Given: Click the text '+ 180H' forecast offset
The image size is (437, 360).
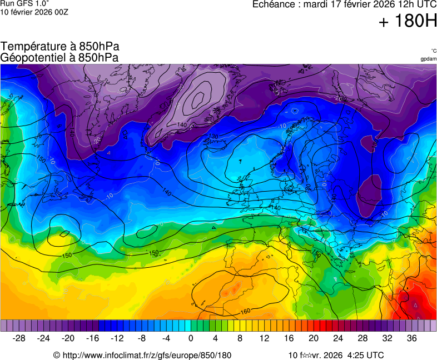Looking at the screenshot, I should pyautogui.click(x=408, y=21).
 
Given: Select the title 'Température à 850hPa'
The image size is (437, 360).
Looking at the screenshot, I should pyautogui.click(x=60, y=47).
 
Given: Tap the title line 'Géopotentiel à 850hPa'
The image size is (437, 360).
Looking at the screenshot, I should pyautogui.click(x=59, y=57).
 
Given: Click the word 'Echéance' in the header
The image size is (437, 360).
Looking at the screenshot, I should pyautogui.click(x=273, y=4).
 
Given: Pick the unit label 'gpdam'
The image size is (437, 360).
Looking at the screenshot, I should pyautogui.click(x=428, y=59).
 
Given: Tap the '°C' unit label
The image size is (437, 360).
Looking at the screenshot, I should pyautogui.click(x=433, y=51).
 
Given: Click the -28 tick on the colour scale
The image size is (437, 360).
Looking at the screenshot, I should pyautogui.click(x=19, y=338).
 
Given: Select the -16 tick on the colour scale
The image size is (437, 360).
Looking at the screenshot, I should pyautogui.click(x=93, y=338).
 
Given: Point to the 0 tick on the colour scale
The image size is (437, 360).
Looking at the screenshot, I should pyautogui.click(x=191, y=338).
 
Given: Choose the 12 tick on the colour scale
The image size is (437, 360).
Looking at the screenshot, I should pyautogui.click(x=264, y=338).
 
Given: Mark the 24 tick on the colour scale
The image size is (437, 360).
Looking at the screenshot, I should pyautogui.click(x=337, y=338).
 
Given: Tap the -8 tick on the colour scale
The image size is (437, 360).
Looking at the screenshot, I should pyautogui.click(x=142, y=338).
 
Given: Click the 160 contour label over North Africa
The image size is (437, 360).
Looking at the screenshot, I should pyautogui.click(x=245, y=311).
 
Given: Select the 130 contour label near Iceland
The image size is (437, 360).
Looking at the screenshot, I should pyautogui.click(x=213, y=136).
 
